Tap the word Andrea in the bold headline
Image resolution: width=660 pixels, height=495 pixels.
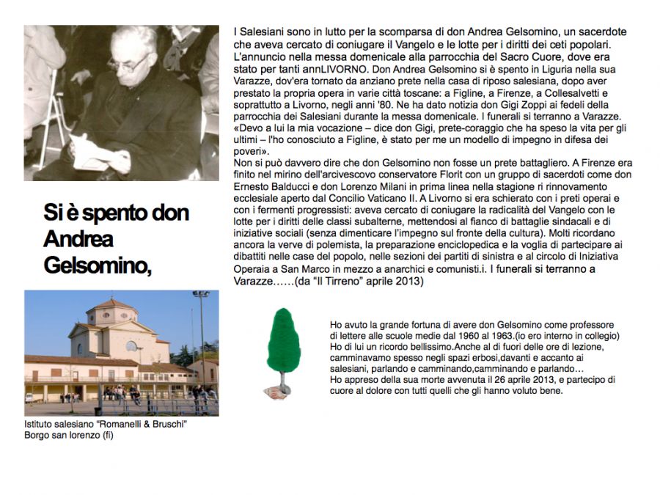78,239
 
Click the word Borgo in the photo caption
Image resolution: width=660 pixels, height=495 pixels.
37,435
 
